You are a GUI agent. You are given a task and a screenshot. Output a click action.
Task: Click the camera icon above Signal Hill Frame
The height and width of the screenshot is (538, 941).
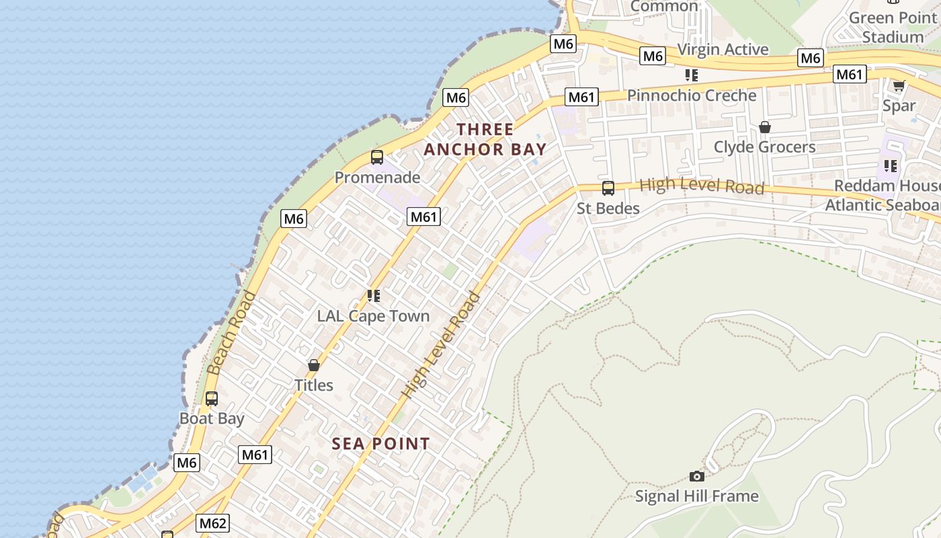697,476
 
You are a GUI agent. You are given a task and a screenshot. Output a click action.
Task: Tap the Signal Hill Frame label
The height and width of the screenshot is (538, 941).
697,496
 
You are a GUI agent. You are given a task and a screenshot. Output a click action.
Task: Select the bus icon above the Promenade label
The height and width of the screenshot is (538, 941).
377,157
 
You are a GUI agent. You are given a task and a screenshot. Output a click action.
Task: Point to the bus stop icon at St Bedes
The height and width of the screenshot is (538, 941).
608,188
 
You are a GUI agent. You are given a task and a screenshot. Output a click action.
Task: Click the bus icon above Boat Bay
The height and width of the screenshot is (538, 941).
212,398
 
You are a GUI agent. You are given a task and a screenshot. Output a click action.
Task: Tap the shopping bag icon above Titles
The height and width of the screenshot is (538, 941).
313,365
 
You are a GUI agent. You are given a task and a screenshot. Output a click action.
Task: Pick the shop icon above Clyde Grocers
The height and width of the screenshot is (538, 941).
764,126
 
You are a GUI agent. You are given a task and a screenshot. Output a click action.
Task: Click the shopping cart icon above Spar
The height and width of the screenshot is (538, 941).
899,85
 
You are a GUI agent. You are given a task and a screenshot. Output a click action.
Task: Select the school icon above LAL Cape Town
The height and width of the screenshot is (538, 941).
374,295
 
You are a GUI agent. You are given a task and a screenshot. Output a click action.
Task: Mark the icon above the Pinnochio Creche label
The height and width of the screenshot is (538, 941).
692,75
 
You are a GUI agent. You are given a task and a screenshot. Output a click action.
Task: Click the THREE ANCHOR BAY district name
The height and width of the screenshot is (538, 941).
485,139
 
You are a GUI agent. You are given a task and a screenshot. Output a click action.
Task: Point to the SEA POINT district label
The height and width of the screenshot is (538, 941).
381,444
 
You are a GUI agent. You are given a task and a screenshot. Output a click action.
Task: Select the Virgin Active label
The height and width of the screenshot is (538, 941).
723,49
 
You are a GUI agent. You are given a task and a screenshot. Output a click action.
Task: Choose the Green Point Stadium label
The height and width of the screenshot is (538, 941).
893,27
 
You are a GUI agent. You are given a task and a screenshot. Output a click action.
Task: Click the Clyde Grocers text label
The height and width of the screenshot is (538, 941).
764,147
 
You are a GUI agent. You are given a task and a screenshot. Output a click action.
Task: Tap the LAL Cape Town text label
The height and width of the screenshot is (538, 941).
373,315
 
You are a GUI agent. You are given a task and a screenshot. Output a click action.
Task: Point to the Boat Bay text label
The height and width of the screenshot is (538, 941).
212,418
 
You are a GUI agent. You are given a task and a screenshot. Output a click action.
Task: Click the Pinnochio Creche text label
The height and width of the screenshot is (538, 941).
692,95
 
